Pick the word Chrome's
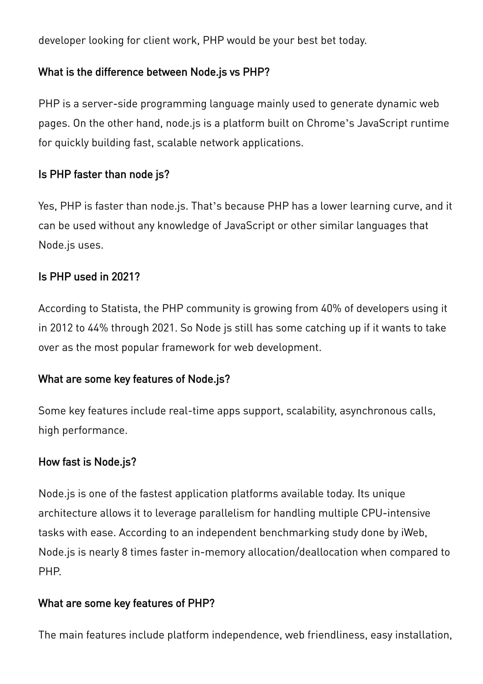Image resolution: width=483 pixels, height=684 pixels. pyautogui.click(x=330, y=123)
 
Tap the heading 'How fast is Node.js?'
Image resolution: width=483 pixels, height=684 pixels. pyautogui.click(x=87, y=462)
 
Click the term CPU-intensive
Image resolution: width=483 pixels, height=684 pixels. pyautogui.click(x=396, y=513)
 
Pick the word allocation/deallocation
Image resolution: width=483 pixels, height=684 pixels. pyautogui.click(x=303, y=552)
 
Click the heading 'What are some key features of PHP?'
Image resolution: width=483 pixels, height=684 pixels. pyautogui.click(x=126, y=603)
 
